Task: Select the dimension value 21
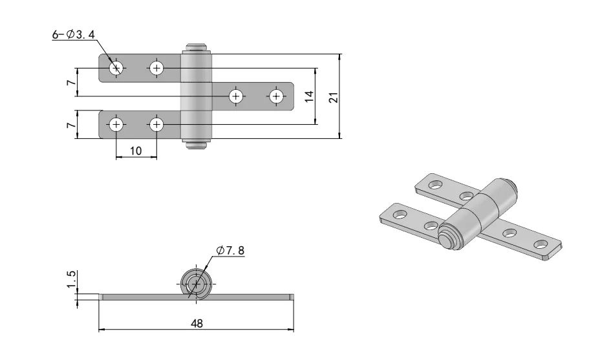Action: [x=333, y=97]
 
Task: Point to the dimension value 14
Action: [x=309, y=96]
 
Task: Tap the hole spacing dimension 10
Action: [x=136, y=150]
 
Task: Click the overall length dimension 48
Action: [x=196, y=324]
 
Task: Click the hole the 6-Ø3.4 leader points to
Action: [x=116, y=68]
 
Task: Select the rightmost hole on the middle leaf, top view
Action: [x=277, y=96]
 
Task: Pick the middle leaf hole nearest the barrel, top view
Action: [x=236, y=96]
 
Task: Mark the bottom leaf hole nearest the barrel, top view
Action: [x=156, y=124]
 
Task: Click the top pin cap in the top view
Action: [x=196, y=48]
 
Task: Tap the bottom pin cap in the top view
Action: [x=196, y=144]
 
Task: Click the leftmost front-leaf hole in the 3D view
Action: [x=400, y=213]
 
